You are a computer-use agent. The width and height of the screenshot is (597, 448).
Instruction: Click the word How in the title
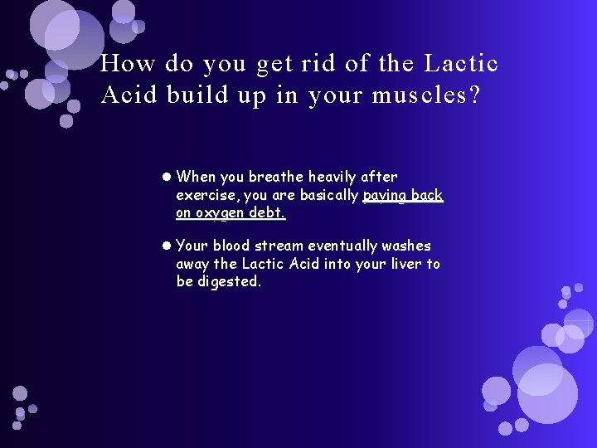click(126, 64)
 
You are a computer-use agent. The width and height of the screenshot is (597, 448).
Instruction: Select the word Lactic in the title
click(462, 64)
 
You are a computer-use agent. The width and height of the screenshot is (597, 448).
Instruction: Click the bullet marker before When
click(167, 177)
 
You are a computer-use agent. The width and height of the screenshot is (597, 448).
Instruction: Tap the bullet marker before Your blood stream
click(167, 246)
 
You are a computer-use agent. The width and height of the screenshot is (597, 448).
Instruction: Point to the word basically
click(327, 195)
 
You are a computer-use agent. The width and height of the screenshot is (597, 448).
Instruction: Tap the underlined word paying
click(385, 196)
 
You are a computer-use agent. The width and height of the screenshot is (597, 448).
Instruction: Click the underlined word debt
click(267, 212)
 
